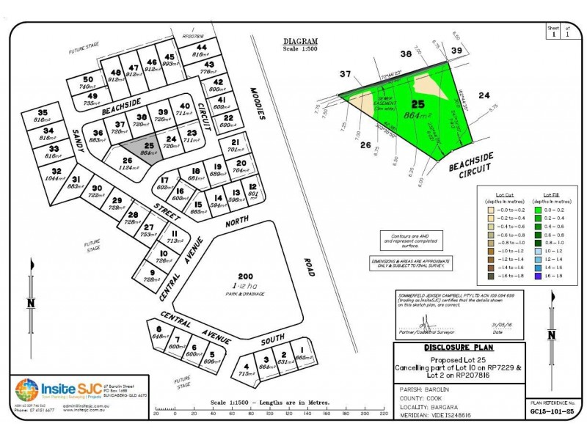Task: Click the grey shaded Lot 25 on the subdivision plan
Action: click(x=148, y=147)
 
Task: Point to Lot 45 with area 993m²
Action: click(x=169, y=61)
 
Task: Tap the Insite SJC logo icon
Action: click(x=27, y=390)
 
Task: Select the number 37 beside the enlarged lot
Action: click(x=346, y=74)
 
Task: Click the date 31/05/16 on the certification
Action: click(x=498, y=323)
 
